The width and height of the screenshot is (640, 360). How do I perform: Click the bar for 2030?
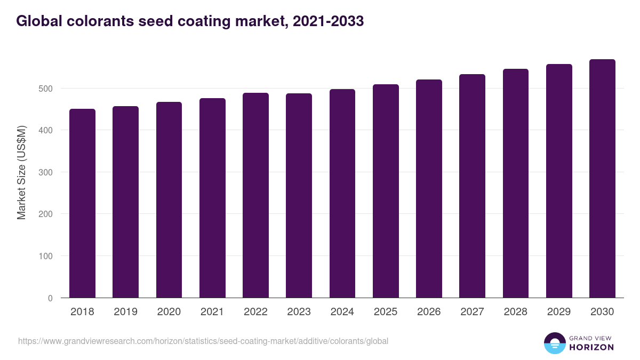pyautogui.click(x=602, y=179)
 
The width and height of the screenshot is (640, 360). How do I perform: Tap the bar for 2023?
pyautogui.click(x=299, y=196)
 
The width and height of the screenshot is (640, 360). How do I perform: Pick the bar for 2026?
pyautogui.click(x=429, y=189)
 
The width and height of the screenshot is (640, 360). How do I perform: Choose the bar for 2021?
pyautogui.click(x=212, y=198)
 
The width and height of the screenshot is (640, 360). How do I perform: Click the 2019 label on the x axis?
pyautogui.click(x=125, y=312)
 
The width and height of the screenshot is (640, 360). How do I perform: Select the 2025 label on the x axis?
pyautogui.click(x=386, y=312)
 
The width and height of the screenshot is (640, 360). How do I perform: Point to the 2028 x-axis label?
pyautogui.click(x=516, y=312)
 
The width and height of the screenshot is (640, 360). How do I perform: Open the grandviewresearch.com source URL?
pyautogui.click(x=203, y=341)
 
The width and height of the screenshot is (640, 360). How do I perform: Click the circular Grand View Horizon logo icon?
pyautogui.click(x=555, y=343)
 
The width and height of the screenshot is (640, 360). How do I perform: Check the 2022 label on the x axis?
pyautogui.click(x=255, y=312)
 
